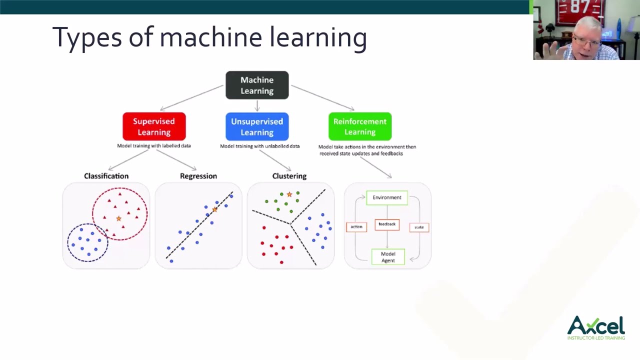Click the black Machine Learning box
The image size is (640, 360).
(x=257, y=85)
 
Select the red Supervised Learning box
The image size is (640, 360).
(x=154, y=126)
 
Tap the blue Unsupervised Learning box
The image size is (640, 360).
(x=257, y=126)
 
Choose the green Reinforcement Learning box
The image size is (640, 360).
(x=359, y=126)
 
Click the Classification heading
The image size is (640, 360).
(x=106, y=176)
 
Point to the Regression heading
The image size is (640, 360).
(x=198, y=176)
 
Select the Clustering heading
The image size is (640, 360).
(x=289, y=176)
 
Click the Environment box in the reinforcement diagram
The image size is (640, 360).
(x=387, y=197)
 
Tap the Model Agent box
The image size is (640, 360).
(x=388, y=257)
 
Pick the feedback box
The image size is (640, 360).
(x=387, y=224)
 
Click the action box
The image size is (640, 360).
(x=356, y=227)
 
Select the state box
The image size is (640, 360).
(x=419, y=227)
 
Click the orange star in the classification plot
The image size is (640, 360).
(x=118, y=218)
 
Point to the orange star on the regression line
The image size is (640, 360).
(x=215, y=209)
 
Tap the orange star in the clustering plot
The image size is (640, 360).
(x=289, y=194)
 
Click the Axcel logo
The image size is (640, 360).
(x=596, y=327)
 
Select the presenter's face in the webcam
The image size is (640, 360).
(x=590, y=40)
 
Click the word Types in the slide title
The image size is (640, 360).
(x=87, y=37)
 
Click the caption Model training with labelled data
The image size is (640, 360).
(x=154, y=146)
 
